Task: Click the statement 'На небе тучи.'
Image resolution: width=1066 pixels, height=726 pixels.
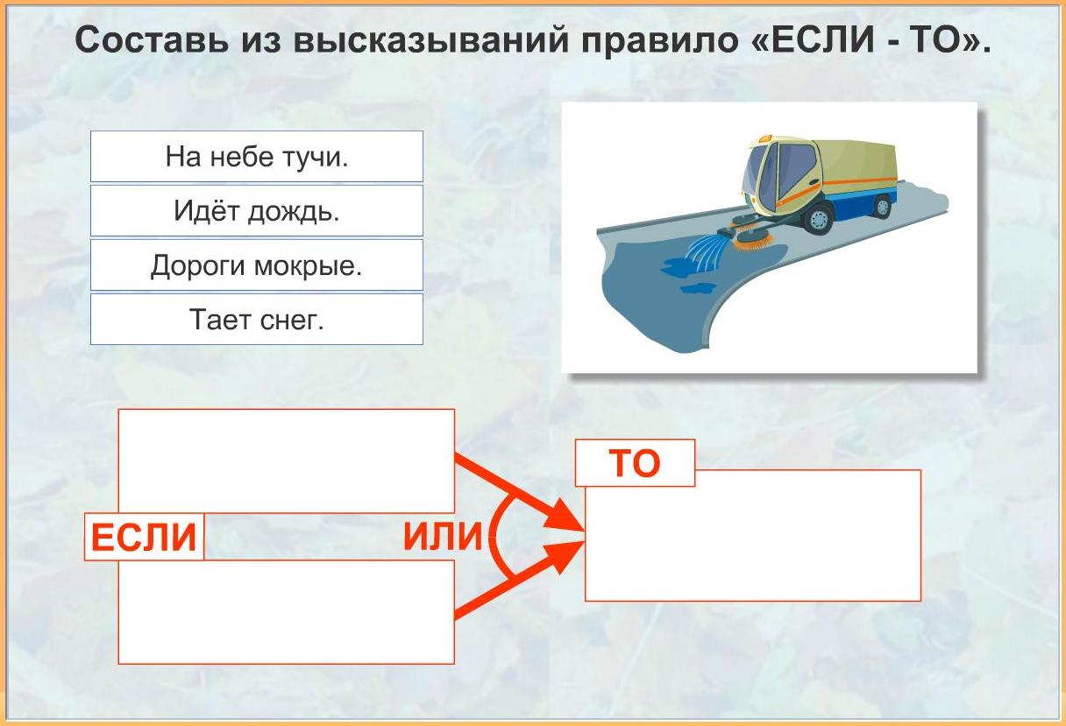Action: click(257, 157)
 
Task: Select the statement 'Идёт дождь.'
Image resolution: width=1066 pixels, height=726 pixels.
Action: click(257, 211)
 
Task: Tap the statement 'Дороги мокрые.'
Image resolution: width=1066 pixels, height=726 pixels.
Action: click(257, 264)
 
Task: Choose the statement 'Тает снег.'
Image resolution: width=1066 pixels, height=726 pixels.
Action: click(257, 319)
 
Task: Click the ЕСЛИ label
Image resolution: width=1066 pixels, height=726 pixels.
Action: click(144, 537)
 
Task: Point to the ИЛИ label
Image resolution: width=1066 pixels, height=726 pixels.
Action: click(443, 536)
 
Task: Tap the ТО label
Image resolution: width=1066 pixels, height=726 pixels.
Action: click(635, 462)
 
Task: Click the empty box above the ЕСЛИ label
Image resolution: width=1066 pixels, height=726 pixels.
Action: click(286, 461)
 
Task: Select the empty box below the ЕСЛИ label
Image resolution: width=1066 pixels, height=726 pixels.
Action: click(286, 612)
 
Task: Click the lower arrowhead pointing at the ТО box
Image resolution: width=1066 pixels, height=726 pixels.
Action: click(565, 556)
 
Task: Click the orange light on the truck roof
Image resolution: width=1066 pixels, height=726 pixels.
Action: click(764, 138)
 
